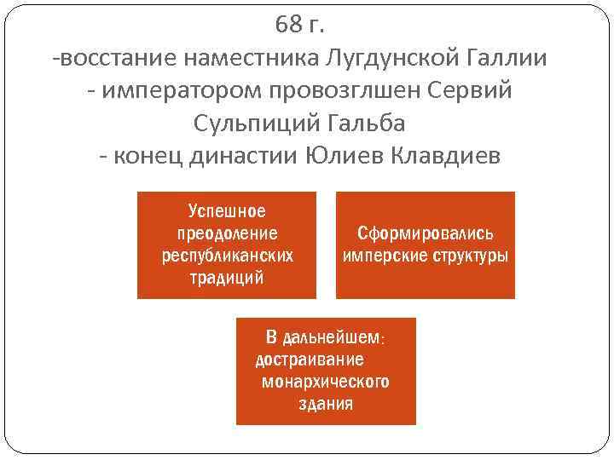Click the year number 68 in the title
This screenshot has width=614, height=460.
(x=288, y=26)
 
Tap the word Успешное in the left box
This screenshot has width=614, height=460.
(x=227, y=211)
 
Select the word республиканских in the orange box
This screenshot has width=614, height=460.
(x=227, y=256)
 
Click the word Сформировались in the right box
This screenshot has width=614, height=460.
(x=426, y=233)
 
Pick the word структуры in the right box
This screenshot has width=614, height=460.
(x=471, y=256)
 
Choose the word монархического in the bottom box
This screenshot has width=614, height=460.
(x=326, y=382)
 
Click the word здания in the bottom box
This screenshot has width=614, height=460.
(x=326, y=404)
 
